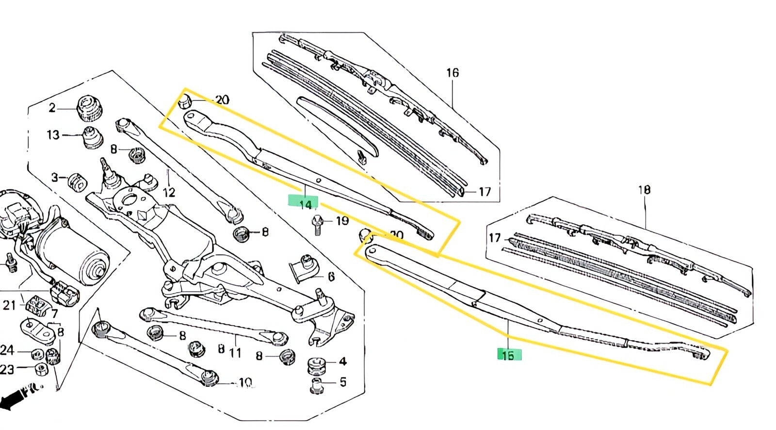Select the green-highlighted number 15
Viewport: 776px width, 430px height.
(x=508, y=355)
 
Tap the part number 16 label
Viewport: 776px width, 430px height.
(x=452, y=73)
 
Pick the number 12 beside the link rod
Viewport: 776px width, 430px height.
(x=169, y=192)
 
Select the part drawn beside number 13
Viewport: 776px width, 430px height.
(x=91, y=137)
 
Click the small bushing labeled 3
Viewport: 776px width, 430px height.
(x=77, y=182)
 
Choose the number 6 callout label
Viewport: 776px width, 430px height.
(x=331, y=277)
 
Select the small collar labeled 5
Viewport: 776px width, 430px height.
(x=317, y=386)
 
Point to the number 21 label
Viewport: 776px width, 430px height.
(x=10, y=305)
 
